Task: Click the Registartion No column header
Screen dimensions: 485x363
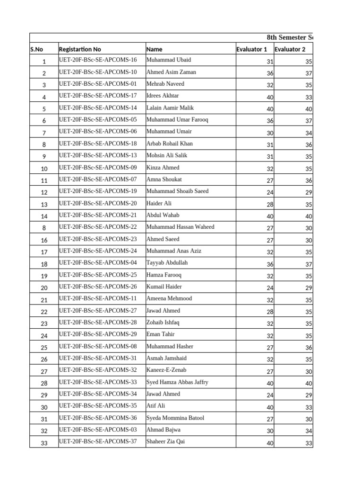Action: pyautogui.click(x=80, y=49)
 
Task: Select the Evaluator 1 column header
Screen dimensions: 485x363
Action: pyautogui.click(x=251, y=49)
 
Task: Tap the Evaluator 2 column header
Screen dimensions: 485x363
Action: pyautogui.click(x=290, y=49)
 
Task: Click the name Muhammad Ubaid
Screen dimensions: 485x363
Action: pyautogui.click(x=169, y=60)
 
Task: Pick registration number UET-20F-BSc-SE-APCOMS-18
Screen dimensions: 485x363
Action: pyautogui.click(x=98, y=144)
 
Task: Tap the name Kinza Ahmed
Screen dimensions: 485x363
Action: pyautogui.click(x=163, y=168)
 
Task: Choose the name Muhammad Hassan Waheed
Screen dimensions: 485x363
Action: pyautogui.click(x=180, y=227)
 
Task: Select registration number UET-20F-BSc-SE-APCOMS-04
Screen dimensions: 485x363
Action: pyautogui.click(x=98, y=263)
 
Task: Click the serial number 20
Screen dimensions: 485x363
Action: pyautogui.click(x=44, y=288)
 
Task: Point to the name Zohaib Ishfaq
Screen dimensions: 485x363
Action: pyautogui.click(x=163, y=323)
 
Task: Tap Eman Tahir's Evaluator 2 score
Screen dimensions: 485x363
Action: pyautogui.click(x=308, y=336)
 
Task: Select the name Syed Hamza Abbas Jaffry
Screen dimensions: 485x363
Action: pyautogui.click(x=177, y=382)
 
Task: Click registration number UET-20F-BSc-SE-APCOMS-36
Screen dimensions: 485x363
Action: pyautogui.click(x=98, y=418)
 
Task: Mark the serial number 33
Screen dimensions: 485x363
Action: pyautogui.click(x=44, y=443)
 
